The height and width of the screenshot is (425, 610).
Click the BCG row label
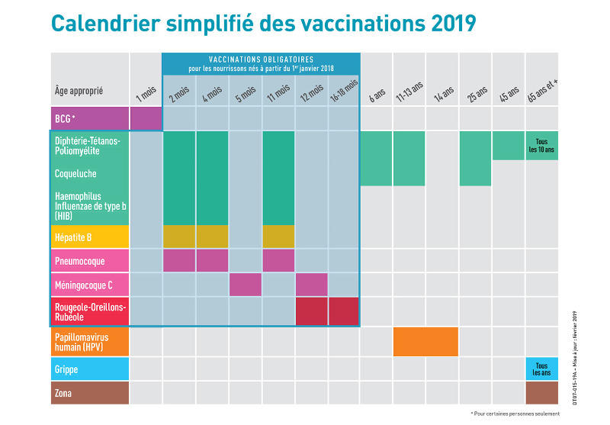coord(89,119)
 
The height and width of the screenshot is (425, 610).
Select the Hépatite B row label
coord(89,237)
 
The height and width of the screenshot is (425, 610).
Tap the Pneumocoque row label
coord(89,260)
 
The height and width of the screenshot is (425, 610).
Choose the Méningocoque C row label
coord(89,285)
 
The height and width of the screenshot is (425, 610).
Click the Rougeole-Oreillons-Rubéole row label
coord(89,311)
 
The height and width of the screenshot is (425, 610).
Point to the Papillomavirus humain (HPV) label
coord(89,341)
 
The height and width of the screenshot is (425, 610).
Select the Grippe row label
coord(89,369)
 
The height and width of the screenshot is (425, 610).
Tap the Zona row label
coord(89,393)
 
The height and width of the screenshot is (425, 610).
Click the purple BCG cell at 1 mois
coord(146,119)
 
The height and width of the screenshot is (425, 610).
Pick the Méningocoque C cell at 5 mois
coord(246,285)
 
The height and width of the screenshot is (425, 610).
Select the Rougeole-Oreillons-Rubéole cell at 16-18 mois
coord(343,311)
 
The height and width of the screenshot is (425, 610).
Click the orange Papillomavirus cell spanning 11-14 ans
coord(425,341)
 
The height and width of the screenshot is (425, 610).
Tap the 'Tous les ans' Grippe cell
coord(541,369)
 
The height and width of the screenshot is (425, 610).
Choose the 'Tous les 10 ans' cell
coord(541,145)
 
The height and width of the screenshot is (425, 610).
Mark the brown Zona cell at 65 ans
coord(541,393)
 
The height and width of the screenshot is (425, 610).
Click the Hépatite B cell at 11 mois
coord(278,237)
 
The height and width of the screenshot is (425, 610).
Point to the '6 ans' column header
coord(377,95)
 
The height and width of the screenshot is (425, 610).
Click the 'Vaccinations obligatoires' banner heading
coord(261,60)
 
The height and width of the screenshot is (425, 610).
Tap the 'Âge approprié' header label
coord(79,92)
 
